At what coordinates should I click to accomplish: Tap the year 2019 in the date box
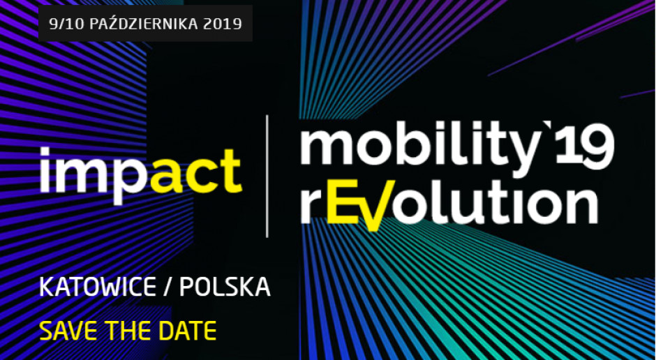point(223,24)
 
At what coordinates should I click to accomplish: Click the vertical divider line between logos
point(268,176)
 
